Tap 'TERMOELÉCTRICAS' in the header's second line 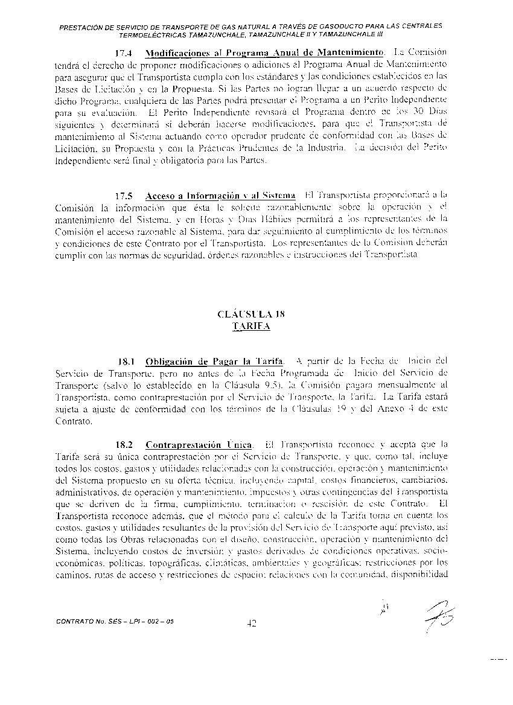coord(151,34)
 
